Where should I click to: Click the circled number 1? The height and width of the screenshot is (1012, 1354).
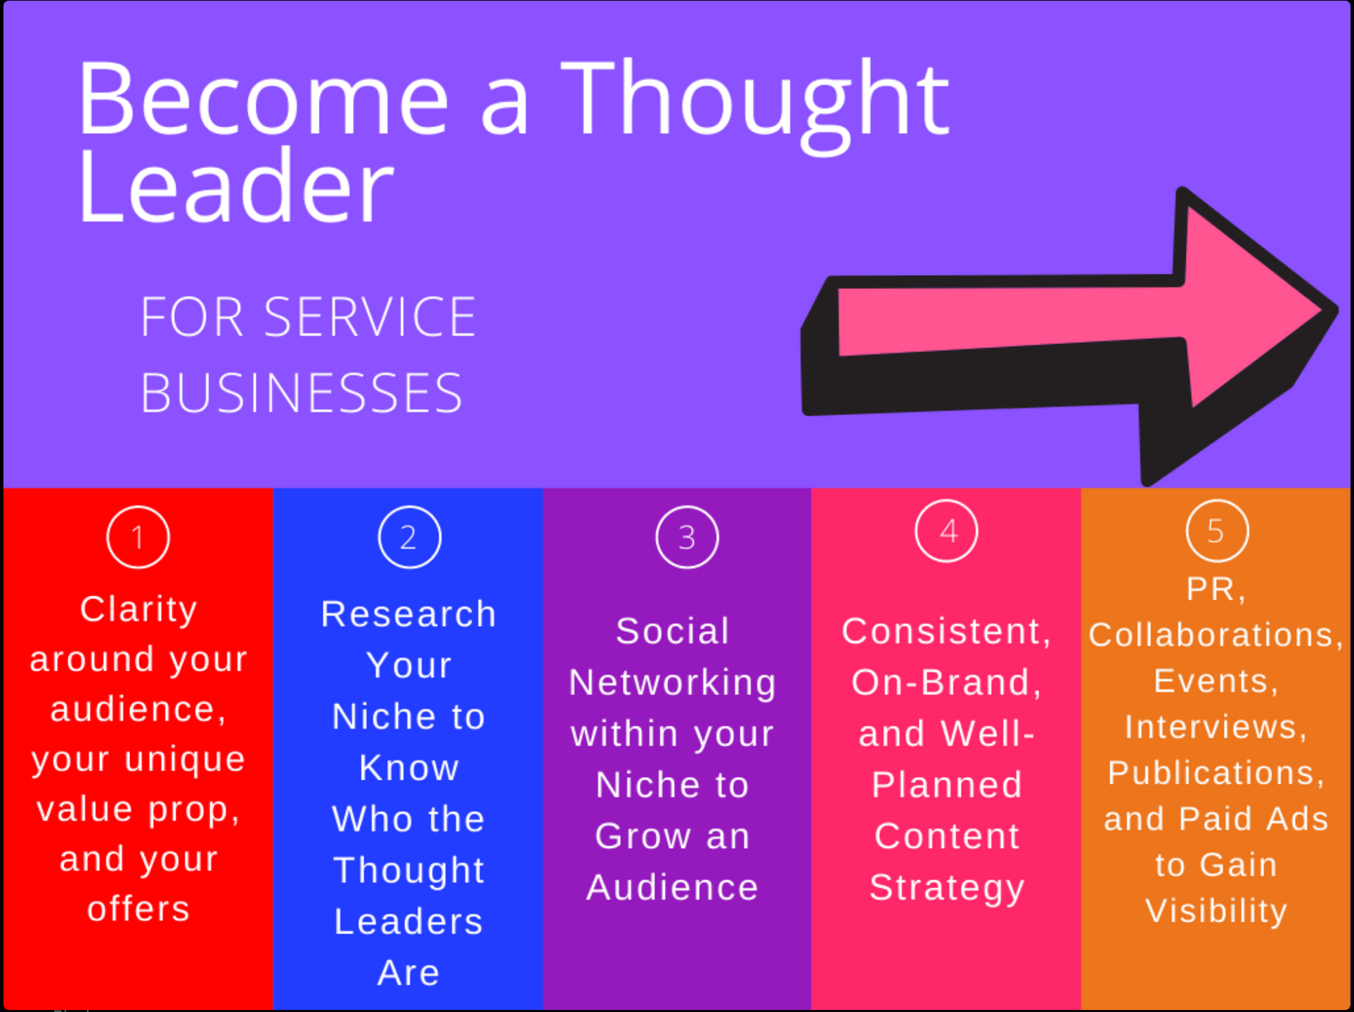(138, 537)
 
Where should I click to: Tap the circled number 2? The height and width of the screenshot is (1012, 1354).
(409, 537)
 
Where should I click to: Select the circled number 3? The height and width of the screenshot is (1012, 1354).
(687, 537)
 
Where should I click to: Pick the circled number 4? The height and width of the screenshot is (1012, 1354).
(946, 531)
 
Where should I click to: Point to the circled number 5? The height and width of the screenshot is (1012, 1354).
(1217, 531)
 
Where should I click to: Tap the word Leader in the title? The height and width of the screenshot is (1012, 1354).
(236, 186)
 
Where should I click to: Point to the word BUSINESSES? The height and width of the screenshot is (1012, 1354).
(302, 392)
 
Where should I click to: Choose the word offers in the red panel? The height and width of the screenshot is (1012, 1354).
(138, 909)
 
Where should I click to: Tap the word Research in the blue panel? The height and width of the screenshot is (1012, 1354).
(408, 614)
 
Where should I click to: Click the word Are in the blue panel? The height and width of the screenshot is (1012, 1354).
(408, 973)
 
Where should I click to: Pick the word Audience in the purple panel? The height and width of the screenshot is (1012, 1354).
(673, 888)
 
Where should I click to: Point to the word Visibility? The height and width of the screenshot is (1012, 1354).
(1216, 912)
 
